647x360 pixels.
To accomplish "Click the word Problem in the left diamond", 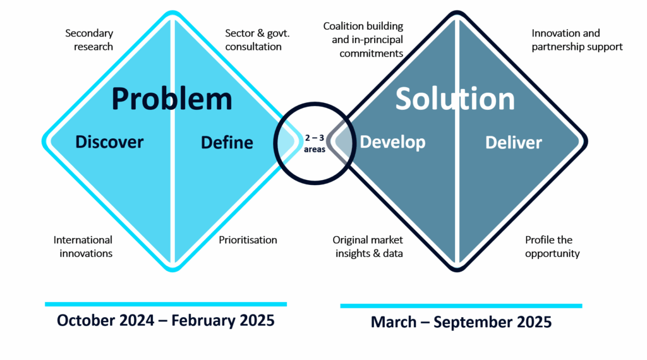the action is pyautogui.click(x=172, y=100).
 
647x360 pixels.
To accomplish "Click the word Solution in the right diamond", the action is pyautogui.click(x=455, y=99).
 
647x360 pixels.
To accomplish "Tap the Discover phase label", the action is pyautogui.click(x=109, y=142).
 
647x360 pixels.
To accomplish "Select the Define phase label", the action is pyautogui.click(x=227, y=143).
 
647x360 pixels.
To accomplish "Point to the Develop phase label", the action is pyautogui.click(x=392, y=143).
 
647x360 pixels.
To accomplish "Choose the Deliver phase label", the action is pyautogui.click(x=513, y=143).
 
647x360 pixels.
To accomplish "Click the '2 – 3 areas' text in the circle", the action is pyautogui.click(x=315, y=143).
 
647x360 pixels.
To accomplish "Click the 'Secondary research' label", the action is pyautogui.click(x=89, y=40).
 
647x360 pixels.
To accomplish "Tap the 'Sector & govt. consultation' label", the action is pyautogui.click(x=258, y=40).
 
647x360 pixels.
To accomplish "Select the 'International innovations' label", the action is pyautogui.click(x=83, y=246).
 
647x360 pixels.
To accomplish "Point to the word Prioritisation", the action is pyautogui.click(x=248, y=240).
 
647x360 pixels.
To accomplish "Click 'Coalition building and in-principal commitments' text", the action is pyautogui.click(x=363, y=40).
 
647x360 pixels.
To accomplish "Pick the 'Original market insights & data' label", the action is pyautogui.click(x=368, y=246).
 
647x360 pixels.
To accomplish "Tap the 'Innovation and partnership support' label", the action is pyautogui.click(x=577, y=40).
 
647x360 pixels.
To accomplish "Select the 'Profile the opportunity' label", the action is pyautogui.click(x=552, y=246).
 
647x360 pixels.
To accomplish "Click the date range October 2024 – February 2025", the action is pyautogui.click(x=166, y=320).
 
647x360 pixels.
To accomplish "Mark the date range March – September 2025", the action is pyautogui.click(x=461, y=322).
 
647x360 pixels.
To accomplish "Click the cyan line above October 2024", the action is pyautogui.click(x=166, y=304).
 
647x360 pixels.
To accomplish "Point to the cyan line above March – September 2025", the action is pyautogui.click(x=461, y=306).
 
